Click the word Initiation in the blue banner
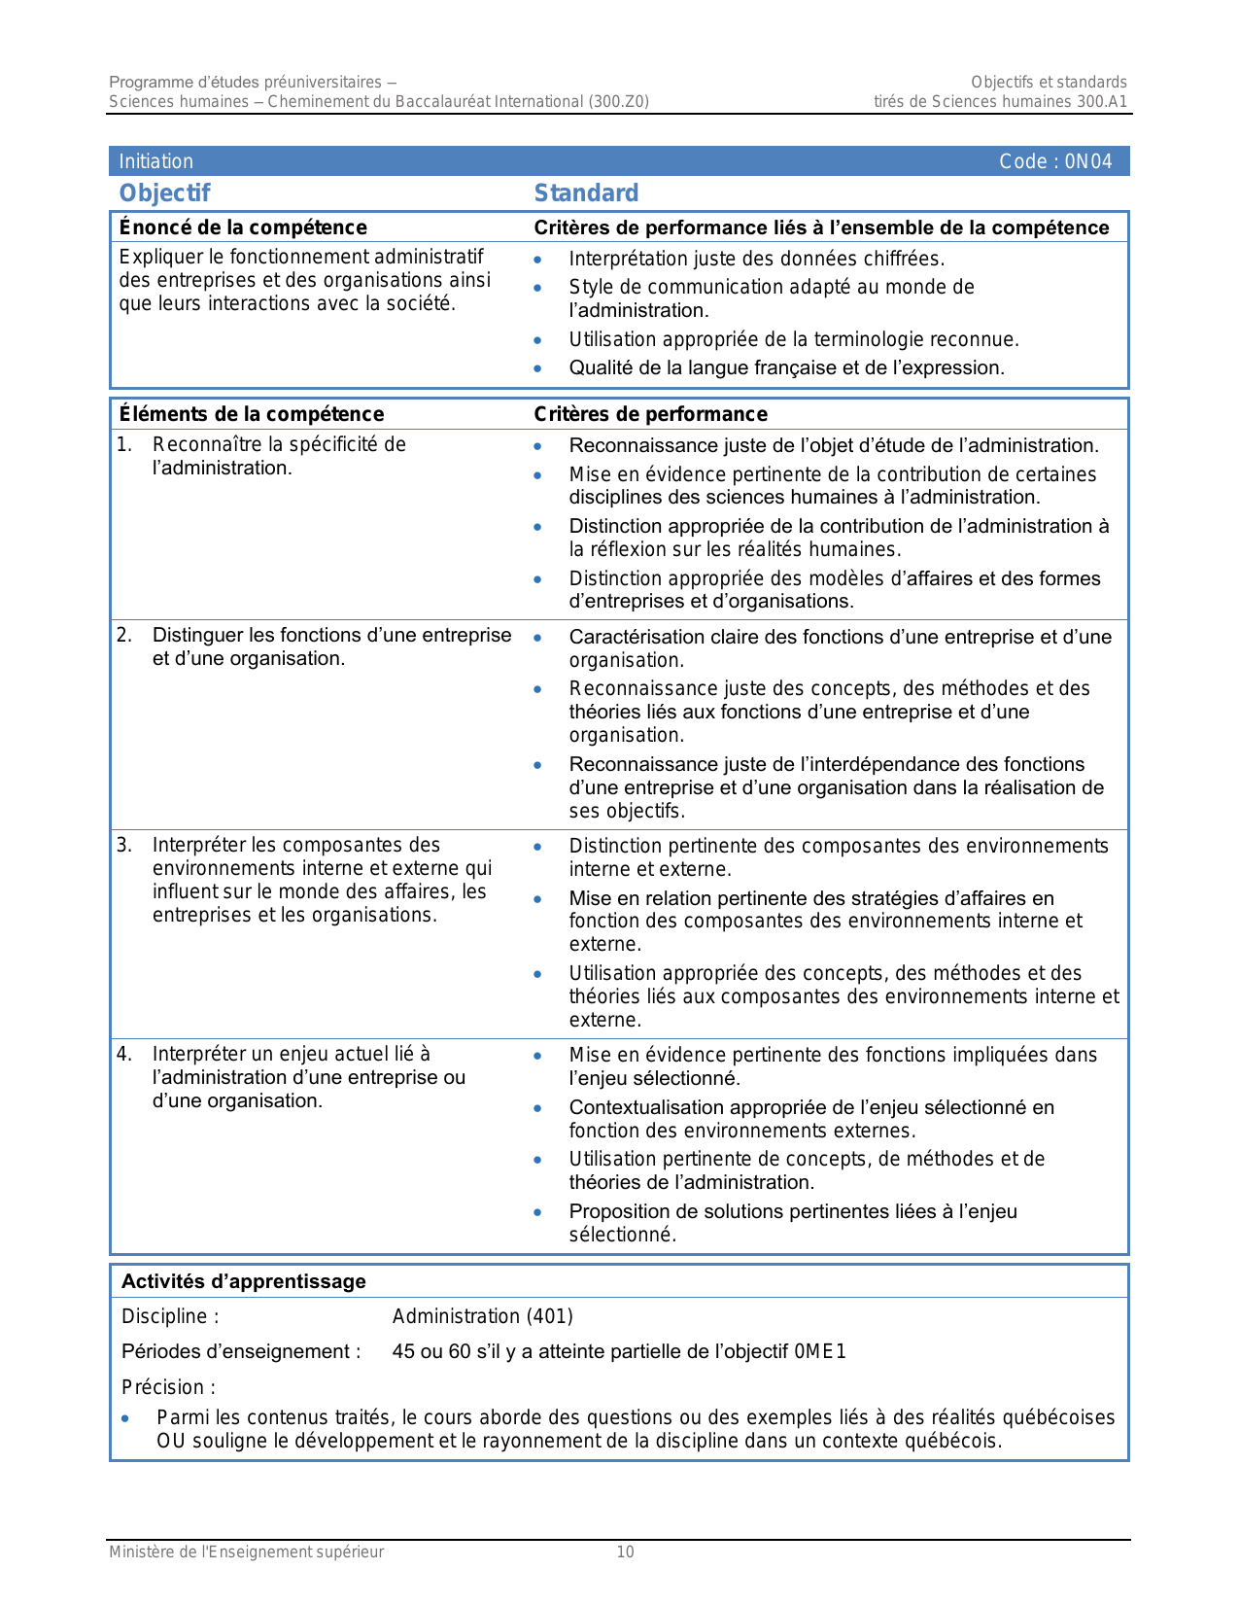click(x=155, y=161)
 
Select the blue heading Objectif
click(x=164, y=192)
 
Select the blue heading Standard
click(x=586, y=192)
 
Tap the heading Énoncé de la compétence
click(x=243, y=227)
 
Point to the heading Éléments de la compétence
click(x=251, y=414)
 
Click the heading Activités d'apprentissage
click(x=243, y=1281)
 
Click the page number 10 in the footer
click(x=625, y=1552)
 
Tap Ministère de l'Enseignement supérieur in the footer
click(x=246, y=1552)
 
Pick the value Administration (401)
click(x=482, y=1316)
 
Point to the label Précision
click(x=168, y=1387)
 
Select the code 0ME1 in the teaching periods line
click(x=820, y=1351)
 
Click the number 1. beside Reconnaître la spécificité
click(x=124, y=444)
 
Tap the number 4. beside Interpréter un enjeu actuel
click(x=124, y=1054)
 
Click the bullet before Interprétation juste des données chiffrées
click(x=537, y=260)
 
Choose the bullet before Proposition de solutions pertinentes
click(x=537, y=1212)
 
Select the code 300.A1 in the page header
click(x=1102, y=101)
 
